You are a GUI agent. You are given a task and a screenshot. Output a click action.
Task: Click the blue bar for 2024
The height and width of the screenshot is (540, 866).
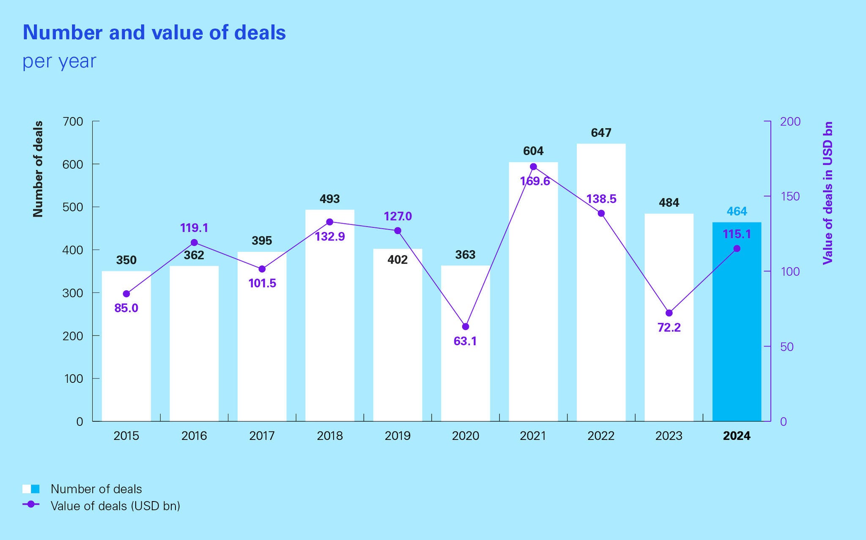pyautogui.click(x=737, y=330)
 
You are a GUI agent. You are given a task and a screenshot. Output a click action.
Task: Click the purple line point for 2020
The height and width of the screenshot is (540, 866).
pyautogui.click(x=466, y=327)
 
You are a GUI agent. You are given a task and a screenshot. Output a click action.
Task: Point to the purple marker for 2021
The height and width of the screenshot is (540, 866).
pyautogui.click(x=533, y=166)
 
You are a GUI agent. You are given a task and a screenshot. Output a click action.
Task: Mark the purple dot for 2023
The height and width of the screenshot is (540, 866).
pyautogui.click(x=669, y=313)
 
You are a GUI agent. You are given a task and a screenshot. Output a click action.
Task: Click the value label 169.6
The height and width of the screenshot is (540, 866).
pyautogui.click(x=535, y=181)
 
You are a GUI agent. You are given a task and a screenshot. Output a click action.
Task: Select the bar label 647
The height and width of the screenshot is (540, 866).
pyautogui.click(x=601, y=133)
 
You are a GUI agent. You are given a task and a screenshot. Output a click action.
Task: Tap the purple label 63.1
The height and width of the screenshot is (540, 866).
pyautogui.click(x=465, y=341)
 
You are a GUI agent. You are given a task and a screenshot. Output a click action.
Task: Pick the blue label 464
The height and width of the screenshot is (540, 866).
pyautogui.click(x=737, y=211)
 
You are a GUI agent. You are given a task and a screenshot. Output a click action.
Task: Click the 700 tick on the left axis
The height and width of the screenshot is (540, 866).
pyautogui.click(x=73, y=122)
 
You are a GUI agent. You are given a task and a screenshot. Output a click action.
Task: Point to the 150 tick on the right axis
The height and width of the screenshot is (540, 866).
pyautogui.click(x=790, y=196)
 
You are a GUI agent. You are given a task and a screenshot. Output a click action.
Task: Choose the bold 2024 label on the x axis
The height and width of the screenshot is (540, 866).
pyautogui.click(x=737, y=436)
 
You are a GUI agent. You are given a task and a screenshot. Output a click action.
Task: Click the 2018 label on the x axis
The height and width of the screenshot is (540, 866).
pyautogui.click(x=330, y=436)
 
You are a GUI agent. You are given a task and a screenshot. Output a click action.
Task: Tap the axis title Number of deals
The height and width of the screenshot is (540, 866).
pyautogui.click(x=38, y=169)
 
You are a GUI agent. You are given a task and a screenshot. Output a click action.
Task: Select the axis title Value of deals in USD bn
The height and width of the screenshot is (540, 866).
pyautogui.click(x=828, y=193)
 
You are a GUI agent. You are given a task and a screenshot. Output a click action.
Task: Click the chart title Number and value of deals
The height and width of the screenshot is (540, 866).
pyautogui.click(x=154, y=33)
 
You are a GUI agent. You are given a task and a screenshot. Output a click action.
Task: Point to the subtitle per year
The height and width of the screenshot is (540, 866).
pyautogui.click(x=59, y=61)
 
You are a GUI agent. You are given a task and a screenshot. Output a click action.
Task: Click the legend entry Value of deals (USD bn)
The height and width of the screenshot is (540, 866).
pyautogui.click(x=115, y=506)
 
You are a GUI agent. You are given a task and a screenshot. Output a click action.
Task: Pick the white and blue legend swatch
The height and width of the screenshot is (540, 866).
pyautogui.click(x=31, y=489)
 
